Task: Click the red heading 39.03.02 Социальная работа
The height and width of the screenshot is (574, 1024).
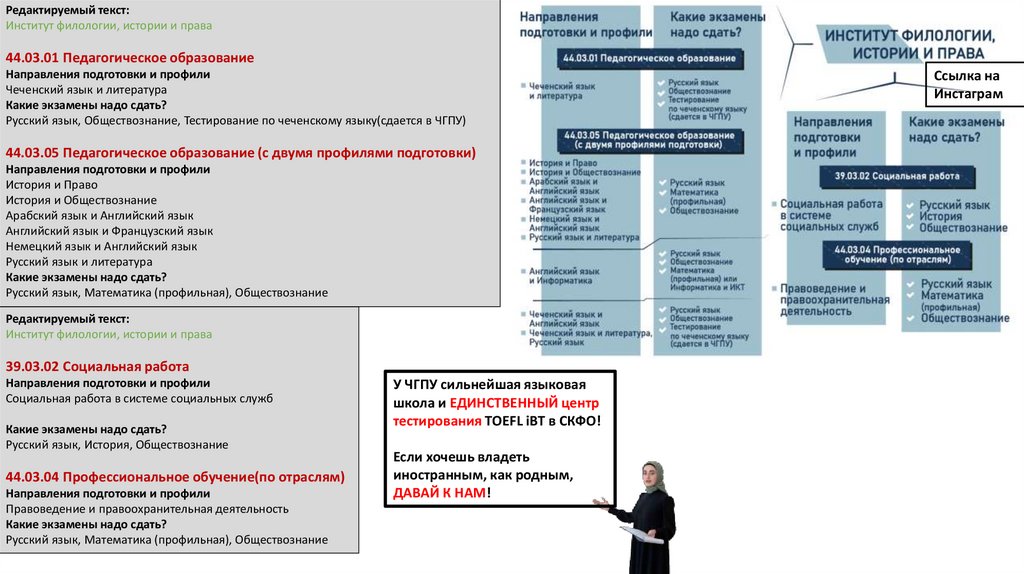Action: [97, 366]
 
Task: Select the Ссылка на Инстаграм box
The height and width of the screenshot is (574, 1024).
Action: [966, 86]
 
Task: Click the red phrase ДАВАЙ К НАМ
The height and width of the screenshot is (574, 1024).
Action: [439, 493]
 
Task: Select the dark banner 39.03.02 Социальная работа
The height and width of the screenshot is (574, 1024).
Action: [897, 175]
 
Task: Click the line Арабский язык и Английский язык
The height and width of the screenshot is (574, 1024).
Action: [100, 215]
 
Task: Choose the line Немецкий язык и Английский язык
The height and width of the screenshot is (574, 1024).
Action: [102, 246]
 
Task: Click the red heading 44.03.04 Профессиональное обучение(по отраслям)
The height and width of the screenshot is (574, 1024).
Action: [175, 476]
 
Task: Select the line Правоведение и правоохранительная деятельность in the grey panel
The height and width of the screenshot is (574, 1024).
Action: [147, 508]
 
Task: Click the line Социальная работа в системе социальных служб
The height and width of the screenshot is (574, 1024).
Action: [139, 398]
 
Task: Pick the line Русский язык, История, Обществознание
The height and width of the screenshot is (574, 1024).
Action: [117, 444]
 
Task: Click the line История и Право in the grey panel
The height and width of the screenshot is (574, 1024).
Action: [52, 185]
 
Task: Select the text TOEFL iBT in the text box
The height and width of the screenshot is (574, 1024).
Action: [520, 421]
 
